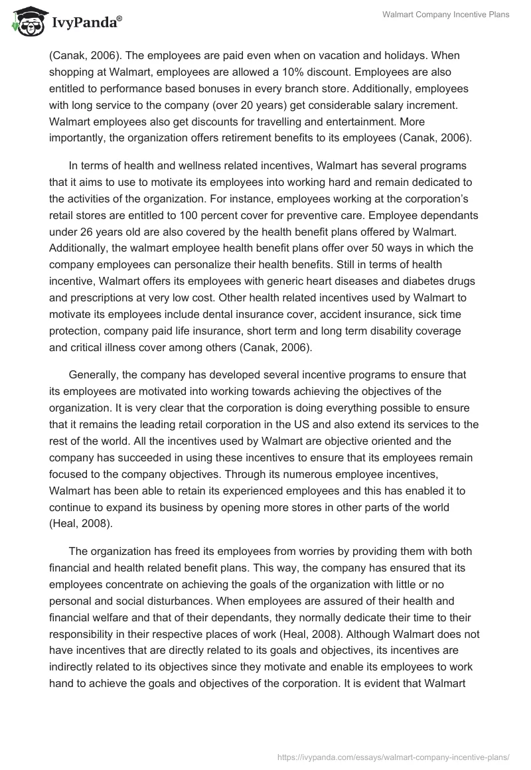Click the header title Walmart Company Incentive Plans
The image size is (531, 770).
[446, 15]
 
